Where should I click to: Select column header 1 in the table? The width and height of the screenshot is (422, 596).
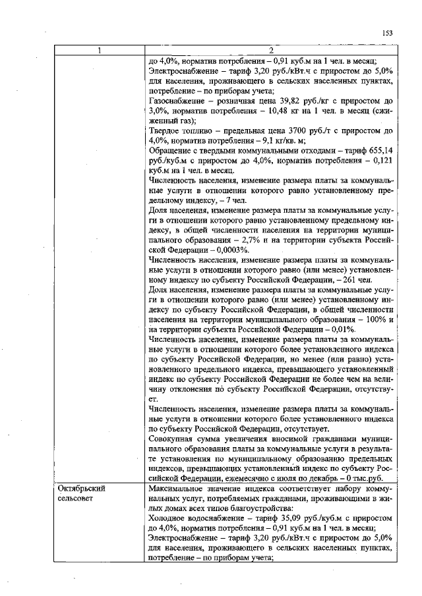(x=100, y=51)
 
